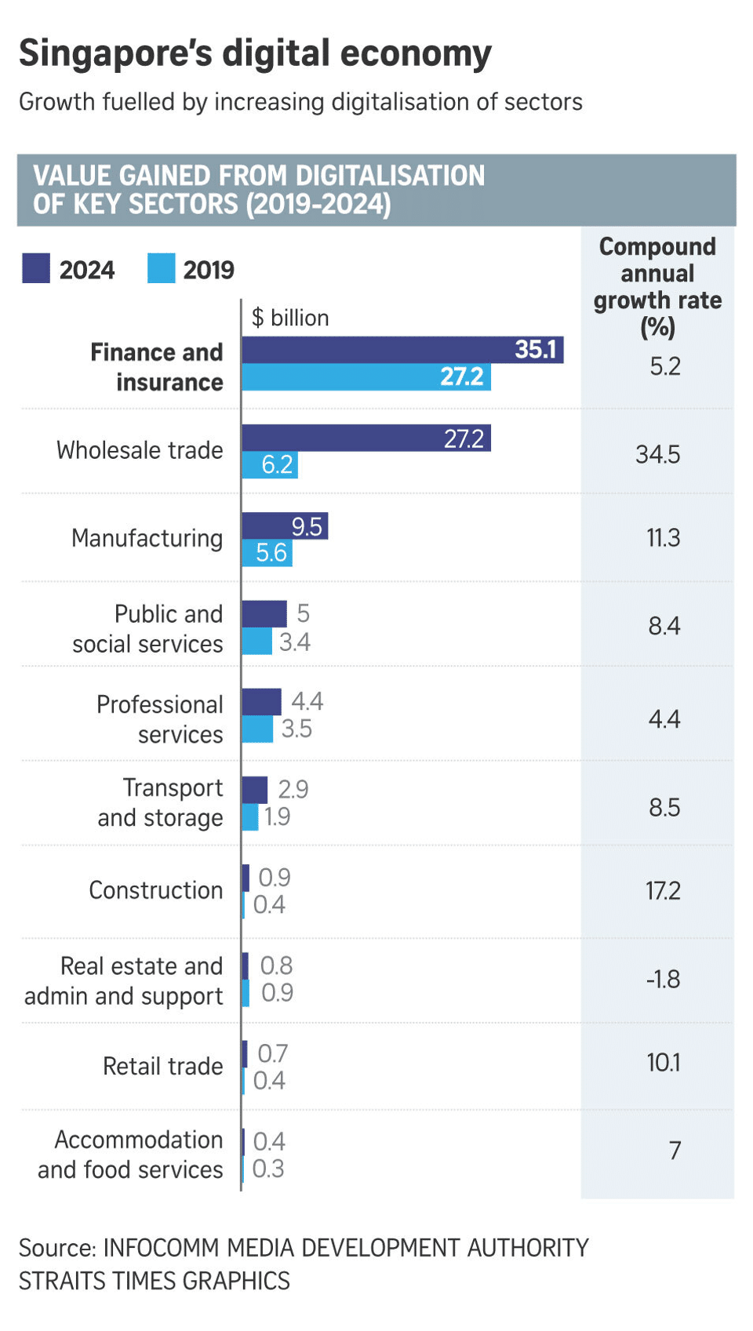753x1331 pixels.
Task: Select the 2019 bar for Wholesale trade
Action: [269, 465]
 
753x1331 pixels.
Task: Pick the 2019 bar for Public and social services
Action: [256, 642]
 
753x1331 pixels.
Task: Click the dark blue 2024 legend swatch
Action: [36, 268]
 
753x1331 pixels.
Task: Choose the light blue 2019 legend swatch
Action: [161, 268]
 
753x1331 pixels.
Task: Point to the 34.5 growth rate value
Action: [657, 454]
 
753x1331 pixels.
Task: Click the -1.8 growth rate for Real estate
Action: [663, 979]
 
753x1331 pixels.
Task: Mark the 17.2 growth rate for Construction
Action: [663, 891]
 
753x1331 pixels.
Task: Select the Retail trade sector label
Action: [162, 1067]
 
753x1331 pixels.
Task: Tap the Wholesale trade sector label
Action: [140, 450]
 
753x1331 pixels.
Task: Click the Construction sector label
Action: [155, 890]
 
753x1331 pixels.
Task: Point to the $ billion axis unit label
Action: [290, 318]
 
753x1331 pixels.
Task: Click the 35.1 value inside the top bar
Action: [535, 350]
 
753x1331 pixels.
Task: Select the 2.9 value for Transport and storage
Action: [293, 789]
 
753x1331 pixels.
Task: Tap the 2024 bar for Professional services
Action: [261, 702]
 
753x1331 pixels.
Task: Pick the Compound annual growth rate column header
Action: [657, 286]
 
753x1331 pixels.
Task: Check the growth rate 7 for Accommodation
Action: [675, 1151]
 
